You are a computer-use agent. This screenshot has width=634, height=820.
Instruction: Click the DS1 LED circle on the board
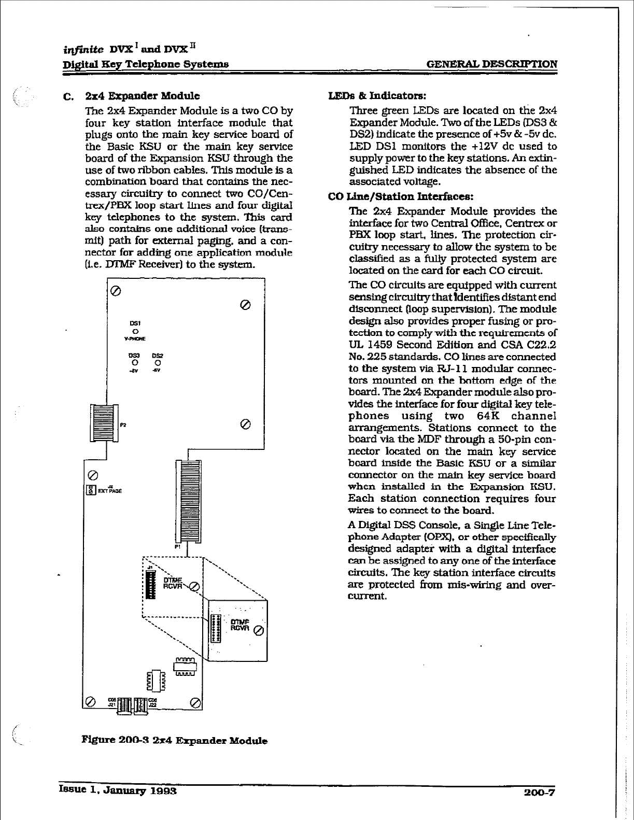135,330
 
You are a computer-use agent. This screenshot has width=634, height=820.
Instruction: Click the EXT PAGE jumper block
91,490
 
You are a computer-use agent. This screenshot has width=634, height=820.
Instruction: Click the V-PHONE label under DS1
135,338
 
